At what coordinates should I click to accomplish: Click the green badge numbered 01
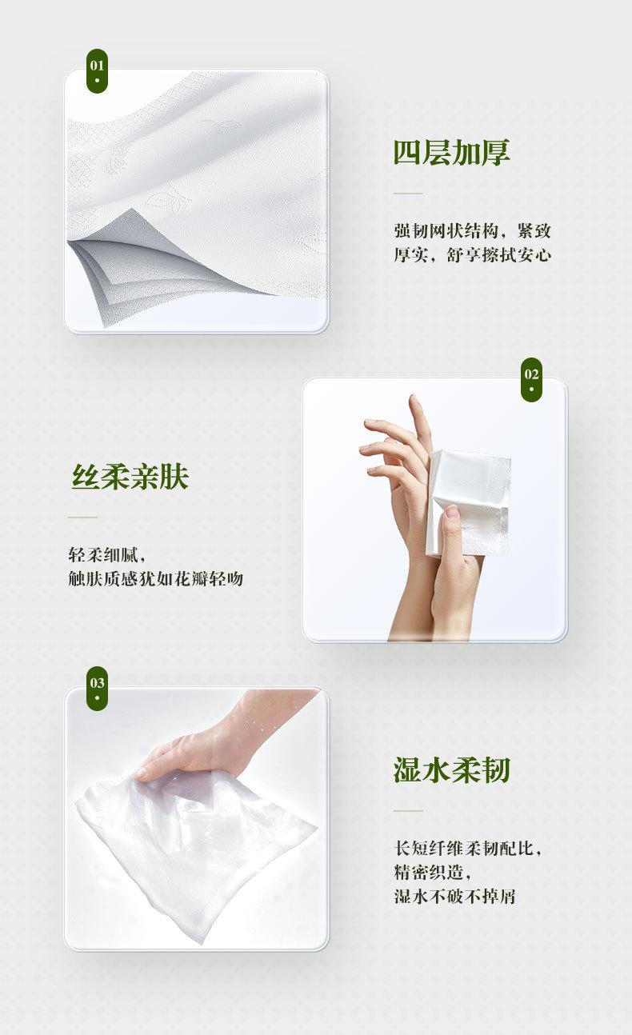pyautogui.click(x=97, y=70)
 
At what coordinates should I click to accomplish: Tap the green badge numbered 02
pyautogui.click(x=531, y=379)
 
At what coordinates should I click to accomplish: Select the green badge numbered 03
pyautogui.click(x=97, y=688)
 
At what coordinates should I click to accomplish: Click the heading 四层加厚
pyautogui.click(x=451, y=152)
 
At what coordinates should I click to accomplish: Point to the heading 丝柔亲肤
pyautogui.click(x=130, y=477)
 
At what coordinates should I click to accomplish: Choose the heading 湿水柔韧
pyautogui.click(x=451, y=769)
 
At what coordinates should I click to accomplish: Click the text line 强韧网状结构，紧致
pyautogui.click(x=473, y=230)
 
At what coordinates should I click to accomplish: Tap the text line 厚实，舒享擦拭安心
pyautogui.click(x=473, y=254)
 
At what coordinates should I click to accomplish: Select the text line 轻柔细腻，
pyautogui.click(x=107, y=554)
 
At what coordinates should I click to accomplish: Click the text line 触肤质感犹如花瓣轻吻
pyautogui.click(x=156, y=578)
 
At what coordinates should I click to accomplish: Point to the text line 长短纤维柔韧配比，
pyautogui.click(x=468, y=848)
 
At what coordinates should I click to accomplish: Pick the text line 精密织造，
pyautogui.click(x=433, y=873)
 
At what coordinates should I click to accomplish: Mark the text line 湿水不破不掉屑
pyautogui.click(x=454, y=897)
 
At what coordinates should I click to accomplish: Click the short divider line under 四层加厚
pyautogui.click(x=408, y=194)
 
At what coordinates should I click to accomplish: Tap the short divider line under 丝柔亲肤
pyautogui.click(x=82, y=517)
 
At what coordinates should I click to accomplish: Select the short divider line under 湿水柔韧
pyautogui.click(x=408, y=810)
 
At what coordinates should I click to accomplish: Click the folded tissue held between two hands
pyautogui.click(x=467, y=502)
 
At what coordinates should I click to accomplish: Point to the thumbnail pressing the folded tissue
pyautogui.click(x=451, y=511)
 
